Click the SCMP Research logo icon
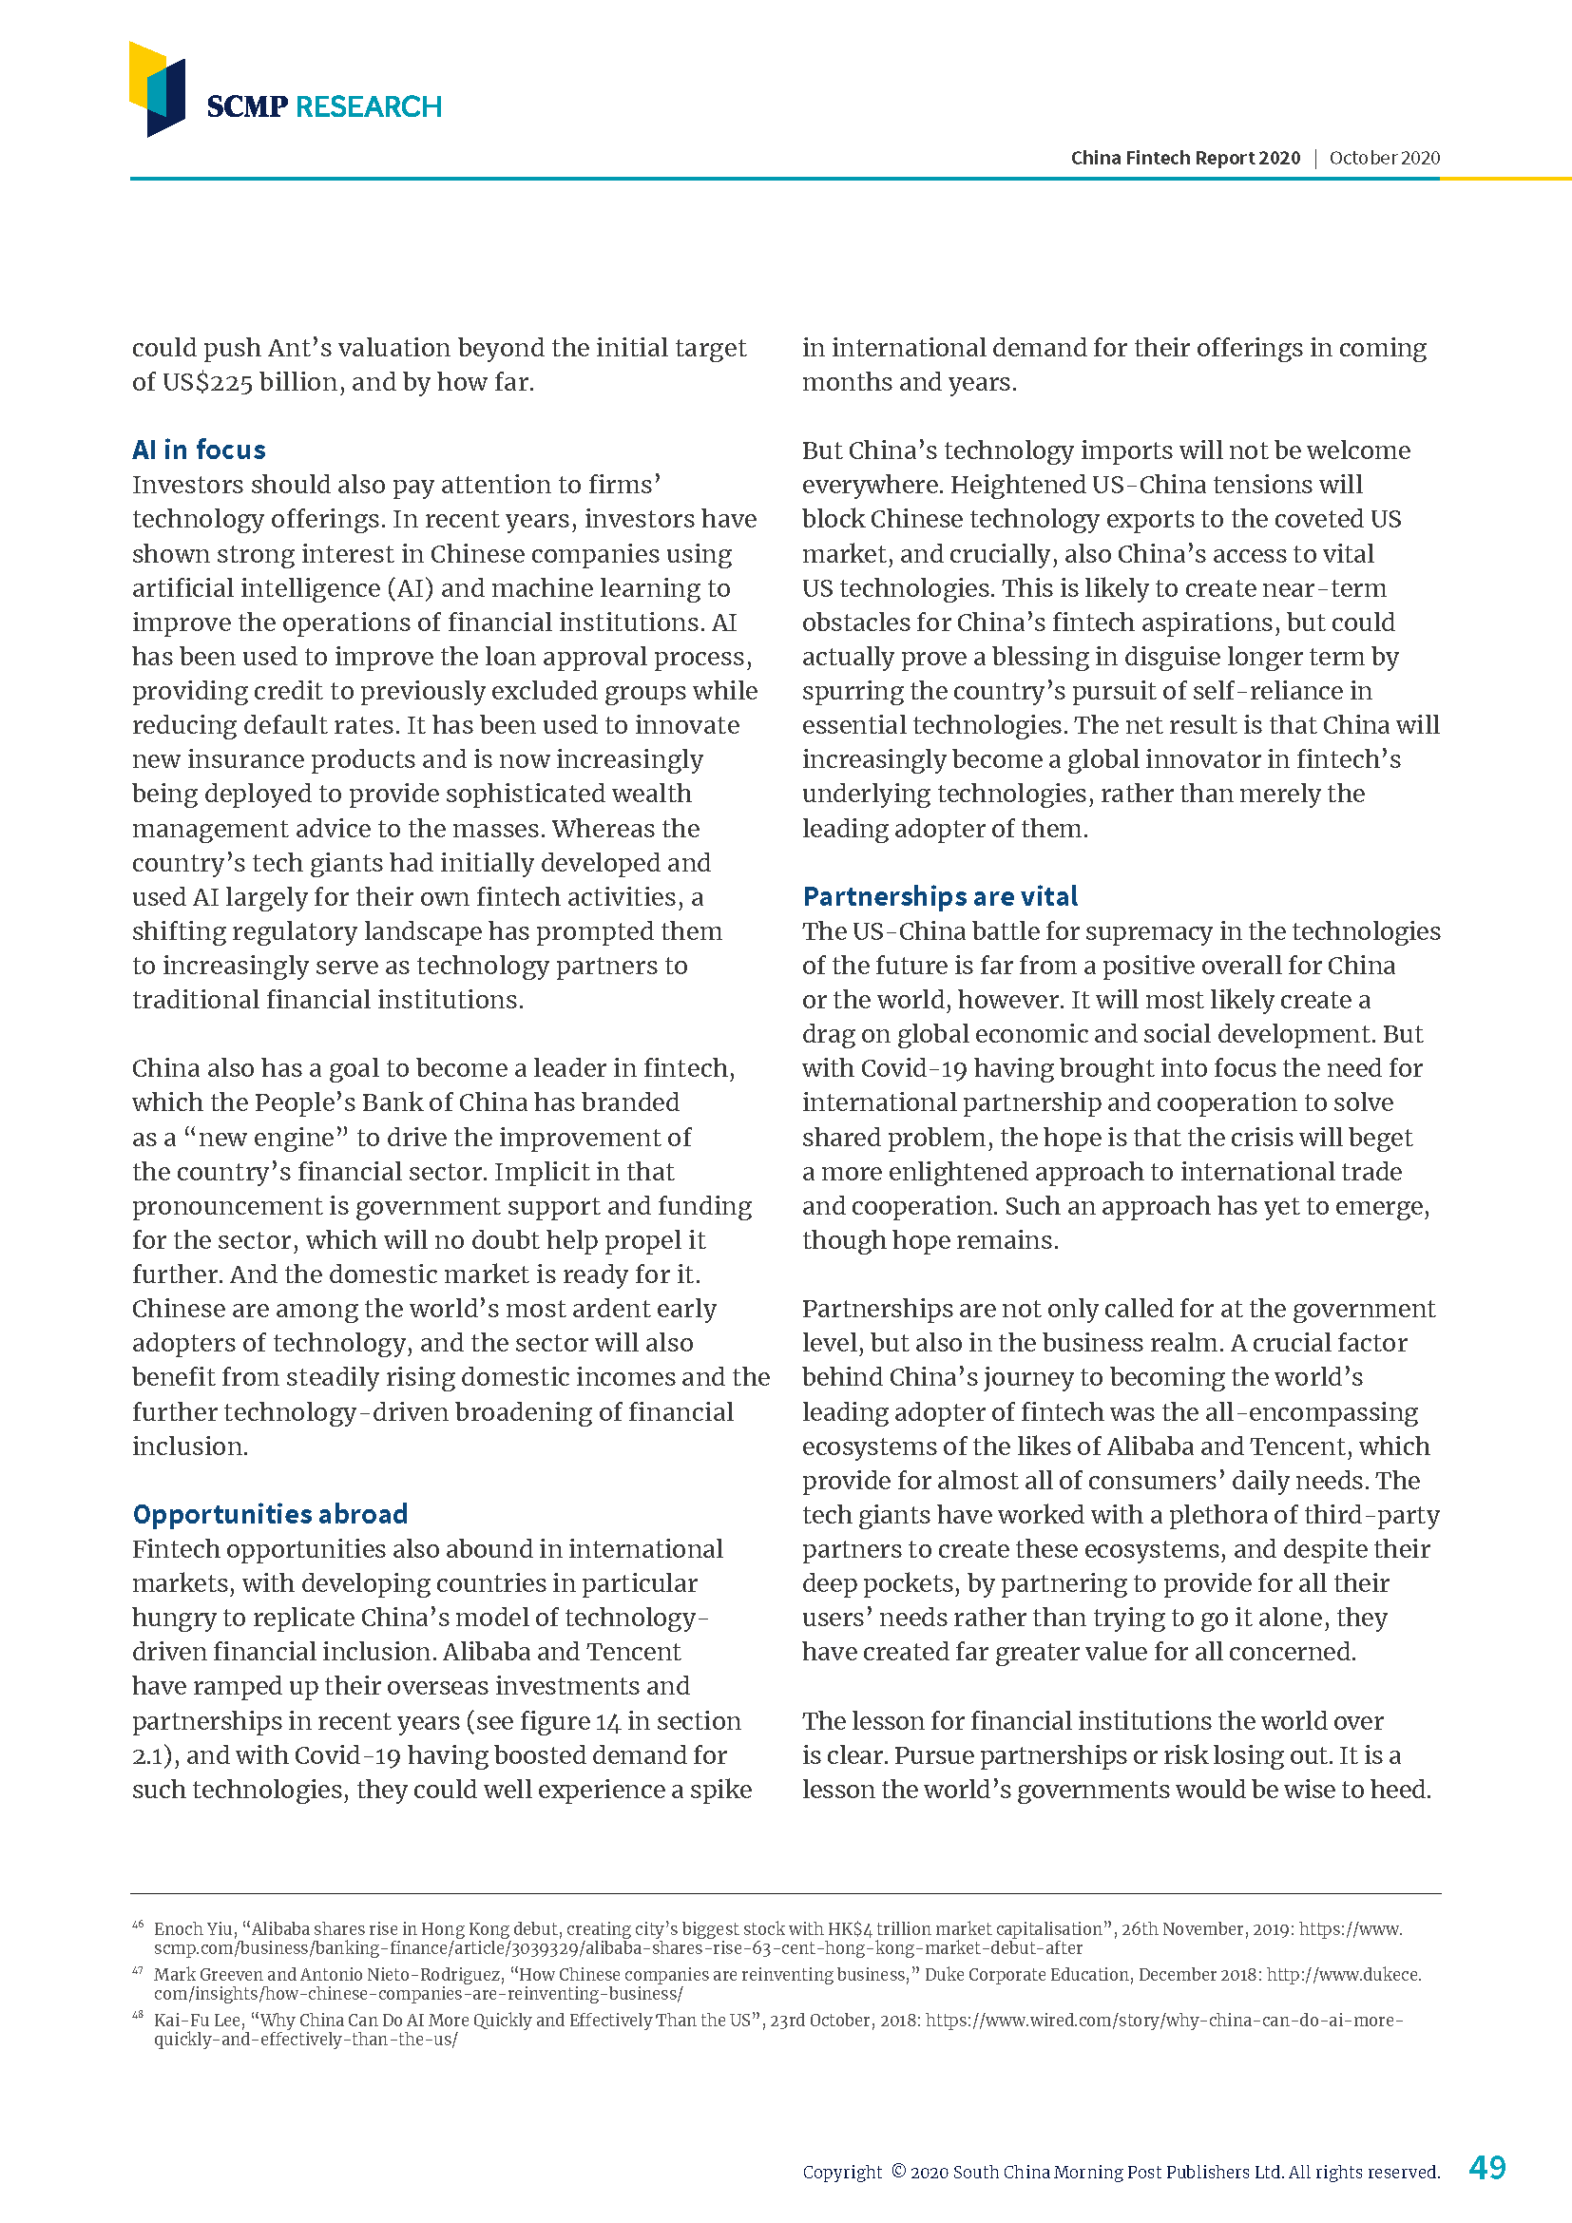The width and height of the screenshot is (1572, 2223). [157, 89]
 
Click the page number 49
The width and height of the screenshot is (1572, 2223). [1486, 2167]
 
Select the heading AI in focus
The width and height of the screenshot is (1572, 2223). [199, 450]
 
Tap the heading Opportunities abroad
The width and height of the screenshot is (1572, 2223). [270, 1513]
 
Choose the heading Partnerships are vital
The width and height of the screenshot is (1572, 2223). [939, 895]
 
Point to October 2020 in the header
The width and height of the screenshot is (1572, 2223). [1384, 158]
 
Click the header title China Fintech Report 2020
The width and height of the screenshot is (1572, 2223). [1185, 158]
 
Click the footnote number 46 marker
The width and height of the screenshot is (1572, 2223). [138, 1925]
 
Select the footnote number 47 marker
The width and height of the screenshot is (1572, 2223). [138, 1970]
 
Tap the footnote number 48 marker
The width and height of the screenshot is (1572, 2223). [138, 2016]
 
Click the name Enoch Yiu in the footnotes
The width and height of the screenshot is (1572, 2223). [194, 1928]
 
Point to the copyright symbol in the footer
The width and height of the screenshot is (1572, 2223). [897, 2171]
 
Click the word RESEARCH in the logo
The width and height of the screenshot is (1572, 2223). [368, 106]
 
